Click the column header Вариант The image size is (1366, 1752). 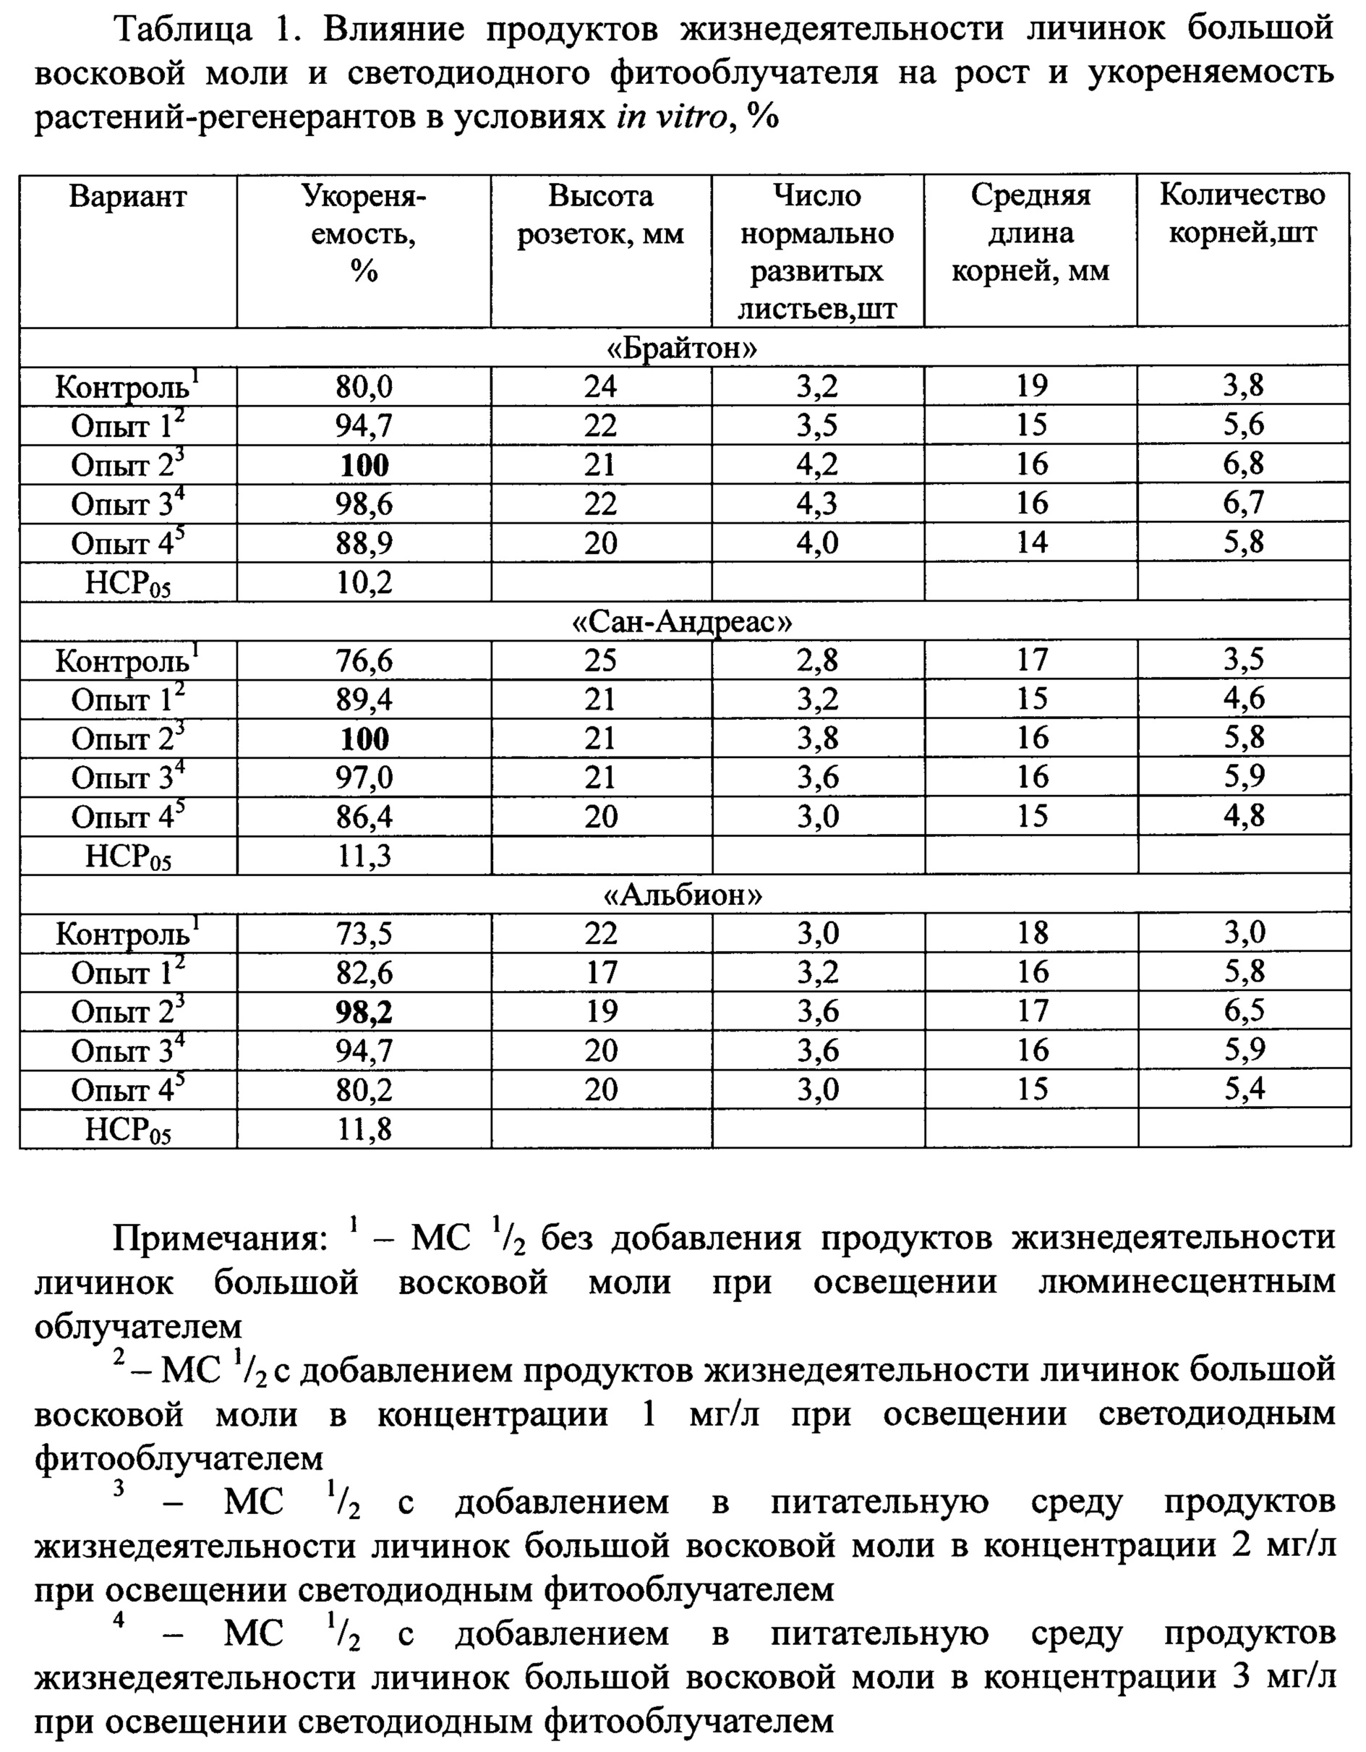click(x=127, y=197)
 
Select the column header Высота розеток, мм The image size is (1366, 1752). click(x=600, y=215)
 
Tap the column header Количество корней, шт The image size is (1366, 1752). click(x=1242, y=214)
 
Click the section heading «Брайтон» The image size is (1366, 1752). click(x=683, y=348)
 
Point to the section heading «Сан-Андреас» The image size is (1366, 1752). click(x=683, y=621)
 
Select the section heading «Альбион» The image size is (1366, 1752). click(x=683, y=895)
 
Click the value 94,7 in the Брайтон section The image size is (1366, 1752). click(x=364, y=426)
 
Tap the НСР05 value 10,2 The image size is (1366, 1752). click(x=364, y=582)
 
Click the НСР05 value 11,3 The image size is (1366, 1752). click(x=364, y=856)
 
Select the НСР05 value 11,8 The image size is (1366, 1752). click(x=364, y=1129)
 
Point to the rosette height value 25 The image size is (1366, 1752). click(x=600, y=660)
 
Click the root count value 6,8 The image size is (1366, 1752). click(x=1243, y=464)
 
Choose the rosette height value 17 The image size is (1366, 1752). click(x=600, y=973)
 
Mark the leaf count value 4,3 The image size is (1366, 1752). click(x=817, y=503)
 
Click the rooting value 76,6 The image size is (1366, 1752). click(x=364, y=661)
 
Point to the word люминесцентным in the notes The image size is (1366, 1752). click(x=1187, y=1283)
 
